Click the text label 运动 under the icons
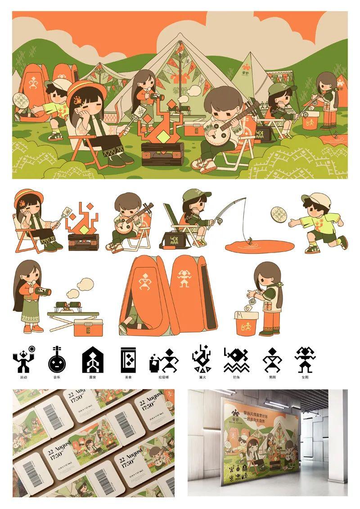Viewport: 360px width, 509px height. (x=23, y=377)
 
